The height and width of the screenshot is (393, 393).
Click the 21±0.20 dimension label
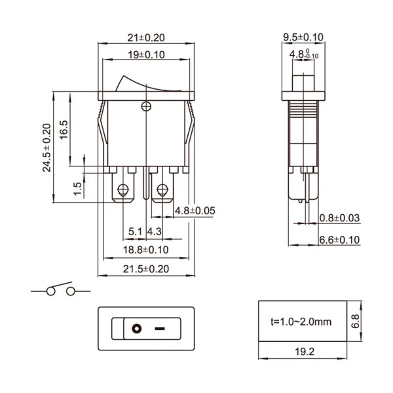(146, 38)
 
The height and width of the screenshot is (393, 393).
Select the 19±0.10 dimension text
(146, 54)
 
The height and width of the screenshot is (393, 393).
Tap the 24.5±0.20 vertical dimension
(47, 147)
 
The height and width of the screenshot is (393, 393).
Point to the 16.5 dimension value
(64, 130)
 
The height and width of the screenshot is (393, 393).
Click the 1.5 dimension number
(77, 189)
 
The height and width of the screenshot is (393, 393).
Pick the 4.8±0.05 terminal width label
(195, 210)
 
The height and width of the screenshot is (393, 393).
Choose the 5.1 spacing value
(136, 231)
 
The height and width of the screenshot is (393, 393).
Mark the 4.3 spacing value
(154, 231)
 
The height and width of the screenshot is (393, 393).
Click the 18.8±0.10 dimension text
(145, 250)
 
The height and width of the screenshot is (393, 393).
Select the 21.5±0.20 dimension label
(146, 269)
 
